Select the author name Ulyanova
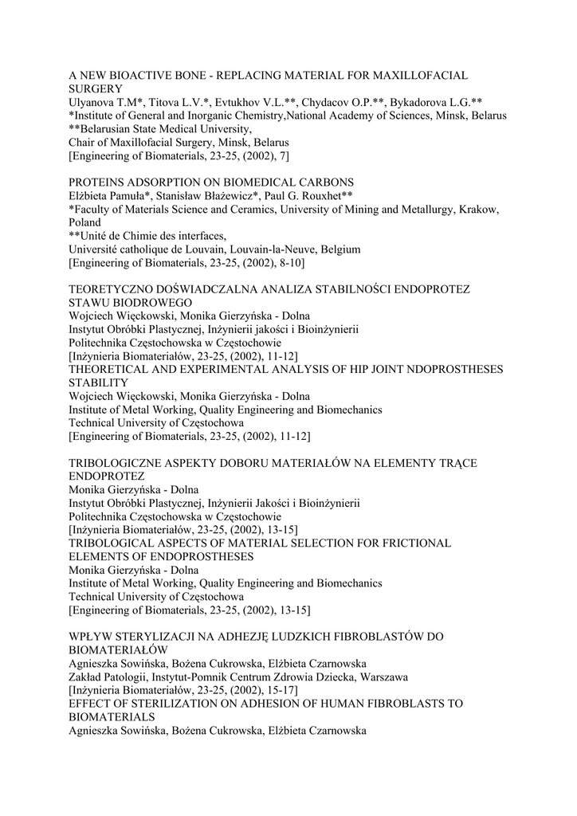93,102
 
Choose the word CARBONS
324,182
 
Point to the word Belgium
337,249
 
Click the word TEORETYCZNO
109,289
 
